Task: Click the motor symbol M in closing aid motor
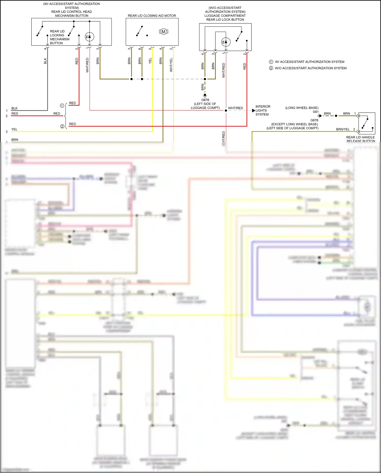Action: pos(164,32)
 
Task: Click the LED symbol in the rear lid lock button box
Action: pos(226,42)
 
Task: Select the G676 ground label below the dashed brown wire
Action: pos(205,100)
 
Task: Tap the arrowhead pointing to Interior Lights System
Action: pos(253,110)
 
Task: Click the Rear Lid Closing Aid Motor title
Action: pos(152,16)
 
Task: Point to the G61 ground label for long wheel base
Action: pos(315,112)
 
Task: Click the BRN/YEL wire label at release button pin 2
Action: pos(343,129)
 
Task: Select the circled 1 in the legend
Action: pos(271,62)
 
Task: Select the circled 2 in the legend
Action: pos(271,68)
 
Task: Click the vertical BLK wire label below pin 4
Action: pos(45,61)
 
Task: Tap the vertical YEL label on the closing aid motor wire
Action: pos(150,61)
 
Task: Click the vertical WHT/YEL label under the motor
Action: pos(171,65)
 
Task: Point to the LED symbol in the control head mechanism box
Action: pos(89,37)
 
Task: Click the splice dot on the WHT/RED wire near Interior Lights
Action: pos(226,111)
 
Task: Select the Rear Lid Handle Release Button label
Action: pos(360,139)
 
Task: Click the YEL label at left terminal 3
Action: pos(14,129)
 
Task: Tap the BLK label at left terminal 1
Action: pos(14,108)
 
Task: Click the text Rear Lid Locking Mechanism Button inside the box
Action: pos(59,37)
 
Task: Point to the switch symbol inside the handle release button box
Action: pos(365,123)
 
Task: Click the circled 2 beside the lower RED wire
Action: pos(62,126)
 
